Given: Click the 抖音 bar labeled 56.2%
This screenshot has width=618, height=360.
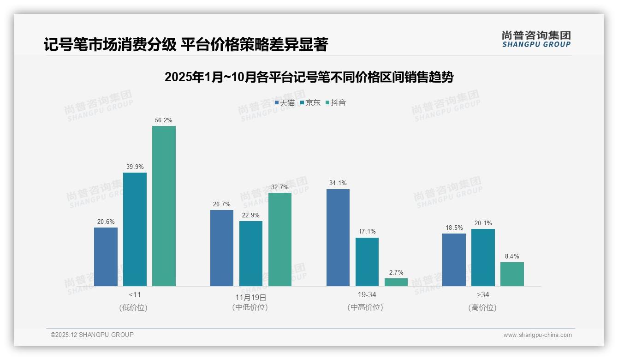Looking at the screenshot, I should (x=164, y=206).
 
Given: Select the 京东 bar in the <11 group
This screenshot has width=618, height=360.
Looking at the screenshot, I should (x=135, y=229).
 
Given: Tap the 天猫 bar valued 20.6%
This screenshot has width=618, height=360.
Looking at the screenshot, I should (x=106, y=257).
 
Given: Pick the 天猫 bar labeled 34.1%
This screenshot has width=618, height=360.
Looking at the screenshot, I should (x=338, y=238).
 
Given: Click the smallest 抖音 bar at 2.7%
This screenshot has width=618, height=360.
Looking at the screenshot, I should (x=396, y=282).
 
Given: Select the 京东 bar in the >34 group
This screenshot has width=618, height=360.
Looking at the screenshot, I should (x=483, y=258).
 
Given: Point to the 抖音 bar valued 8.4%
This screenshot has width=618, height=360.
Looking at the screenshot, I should (x=512, y=274).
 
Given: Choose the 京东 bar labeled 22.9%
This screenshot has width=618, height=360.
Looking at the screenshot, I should (x=251, y=253).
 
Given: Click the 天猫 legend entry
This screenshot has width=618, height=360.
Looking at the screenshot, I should (x=285, y=102).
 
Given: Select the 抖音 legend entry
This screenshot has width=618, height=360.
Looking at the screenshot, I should (x=336, y=102).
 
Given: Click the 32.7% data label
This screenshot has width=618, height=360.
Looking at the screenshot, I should (x=280, y=187).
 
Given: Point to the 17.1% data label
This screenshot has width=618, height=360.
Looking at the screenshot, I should (x=367, y=232).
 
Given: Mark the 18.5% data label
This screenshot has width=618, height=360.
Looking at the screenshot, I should (x=454, y=228).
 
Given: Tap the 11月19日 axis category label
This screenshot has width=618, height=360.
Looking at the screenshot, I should (x=250, y=297).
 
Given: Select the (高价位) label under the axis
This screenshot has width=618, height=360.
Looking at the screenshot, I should (x=482, y=307).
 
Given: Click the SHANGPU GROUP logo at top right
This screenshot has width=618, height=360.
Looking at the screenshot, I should (x=536, y=39).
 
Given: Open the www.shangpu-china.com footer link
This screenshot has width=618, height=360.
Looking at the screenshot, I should (x=537, y=335).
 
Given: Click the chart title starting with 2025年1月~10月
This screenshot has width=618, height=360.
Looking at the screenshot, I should (x=309, y=77).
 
